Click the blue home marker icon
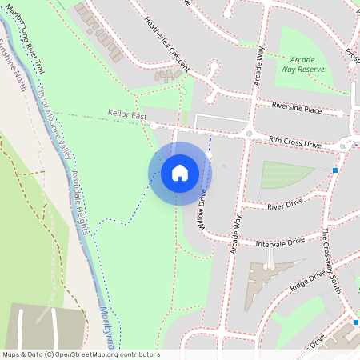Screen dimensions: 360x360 (180, 173)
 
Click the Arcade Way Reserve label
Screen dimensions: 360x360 (302, 63)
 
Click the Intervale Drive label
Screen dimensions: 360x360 (280, 241)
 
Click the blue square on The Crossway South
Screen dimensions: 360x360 (335, 170)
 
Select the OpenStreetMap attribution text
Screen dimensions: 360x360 (80, 354)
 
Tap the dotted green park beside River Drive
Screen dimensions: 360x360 (285, 174)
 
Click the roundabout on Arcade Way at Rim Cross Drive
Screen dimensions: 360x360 (249, 133)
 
